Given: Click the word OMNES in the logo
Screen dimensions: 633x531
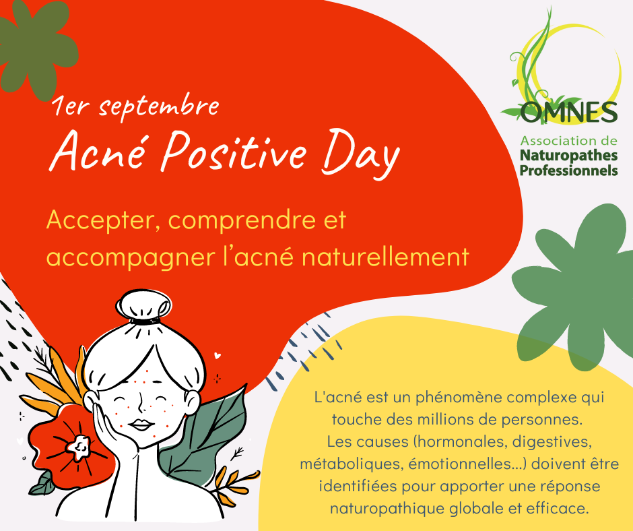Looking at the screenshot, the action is coord(569,112).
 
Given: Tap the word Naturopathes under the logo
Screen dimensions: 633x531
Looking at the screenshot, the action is coord(569,156).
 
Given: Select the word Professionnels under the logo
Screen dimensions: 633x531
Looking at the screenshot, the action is coord(569,170).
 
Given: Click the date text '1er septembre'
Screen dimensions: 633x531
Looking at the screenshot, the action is coord(135,106).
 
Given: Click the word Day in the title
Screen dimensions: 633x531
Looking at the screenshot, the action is coord(360,154).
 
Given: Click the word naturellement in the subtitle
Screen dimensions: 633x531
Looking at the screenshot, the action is coord(386,257).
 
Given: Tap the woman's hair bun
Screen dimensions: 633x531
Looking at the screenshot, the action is coord(143,305).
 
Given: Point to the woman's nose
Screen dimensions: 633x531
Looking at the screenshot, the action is coord(139,404).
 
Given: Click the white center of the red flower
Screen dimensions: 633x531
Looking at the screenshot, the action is coord(79,446).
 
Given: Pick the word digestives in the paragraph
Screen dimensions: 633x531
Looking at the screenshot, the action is coord(552,441).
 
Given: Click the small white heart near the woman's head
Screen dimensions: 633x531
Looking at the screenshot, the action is coord(218,356).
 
